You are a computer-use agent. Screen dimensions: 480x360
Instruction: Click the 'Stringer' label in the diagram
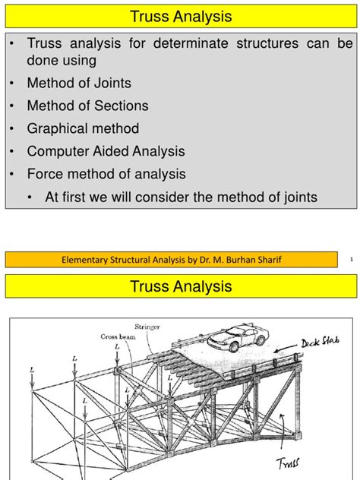[x=147, y=327]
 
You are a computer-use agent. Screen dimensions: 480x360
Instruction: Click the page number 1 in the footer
[x=352, y=261]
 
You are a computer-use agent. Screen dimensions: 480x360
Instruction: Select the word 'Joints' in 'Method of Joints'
[x=109, y=84]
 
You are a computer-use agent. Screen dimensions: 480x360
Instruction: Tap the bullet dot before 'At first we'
[x=30, y=197]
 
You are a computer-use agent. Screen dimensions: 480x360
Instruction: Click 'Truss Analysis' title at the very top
[x=180, y=16]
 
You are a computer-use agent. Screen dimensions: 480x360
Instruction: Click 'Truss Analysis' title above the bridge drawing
[x=180, y=288]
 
